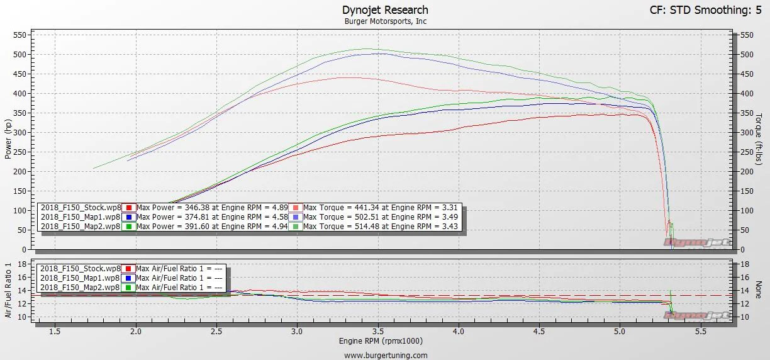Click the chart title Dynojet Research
(386, 10)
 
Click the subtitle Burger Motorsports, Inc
(386, 21)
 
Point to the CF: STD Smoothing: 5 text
(700, 10)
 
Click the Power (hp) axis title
(9, 140)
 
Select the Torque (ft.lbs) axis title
(759, 140)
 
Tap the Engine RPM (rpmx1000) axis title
(386, 341)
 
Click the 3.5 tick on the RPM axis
(378, 331)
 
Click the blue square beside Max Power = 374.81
(128, 217)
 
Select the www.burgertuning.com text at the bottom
(386, 355)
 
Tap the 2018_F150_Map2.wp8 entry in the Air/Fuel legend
(81, 287)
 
